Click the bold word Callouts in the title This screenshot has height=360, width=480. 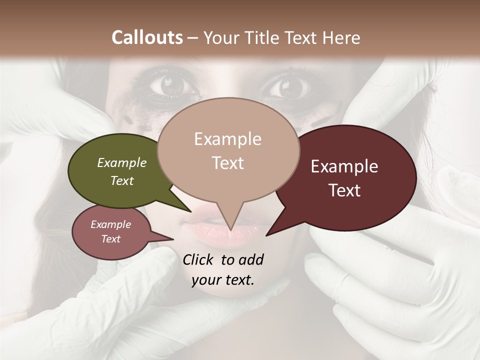147,37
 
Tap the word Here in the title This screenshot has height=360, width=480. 340,37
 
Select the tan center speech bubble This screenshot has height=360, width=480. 228,150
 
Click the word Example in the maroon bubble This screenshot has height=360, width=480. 344,166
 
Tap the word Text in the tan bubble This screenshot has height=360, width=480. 228,163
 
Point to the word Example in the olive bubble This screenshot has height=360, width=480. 122,162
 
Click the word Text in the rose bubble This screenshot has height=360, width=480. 111,239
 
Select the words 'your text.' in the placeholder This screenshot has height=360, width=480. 223,280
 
